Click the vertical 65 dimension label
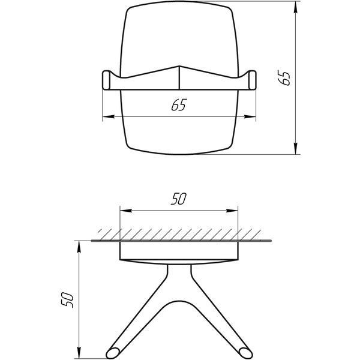click(x=284, y=78)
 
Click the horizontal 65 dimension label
click(x=179, y=104)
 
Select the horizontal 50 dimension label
click(x=179, y=199)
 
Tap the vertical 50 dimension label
click(x=67, y=300)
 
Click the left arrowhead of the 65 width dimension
click(x=109, y=116)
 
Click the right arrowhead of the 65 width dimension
click(x=250, y=116)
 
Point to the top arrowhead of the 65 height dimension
click(x=296, y=7)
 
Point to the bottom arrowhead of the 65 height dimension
click(x=296, y=149)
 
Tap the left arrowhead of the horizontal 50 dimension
click(x=126, y=211)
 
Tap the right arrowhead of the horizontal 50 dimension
click(x=232, y=211)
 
